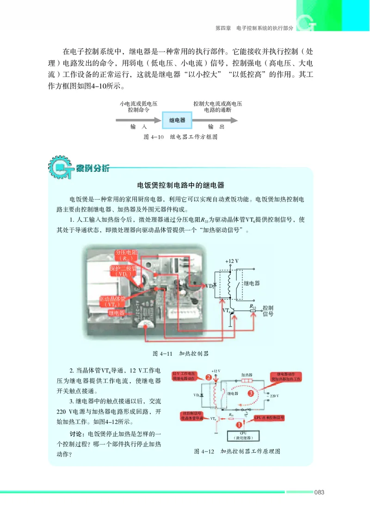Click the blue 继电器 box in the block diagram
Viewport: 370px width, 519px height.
click(177, 120)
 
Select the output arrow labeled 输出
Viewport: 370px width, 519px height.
click(216, 120)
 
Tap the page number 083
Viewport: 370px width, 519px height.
click(319, 492)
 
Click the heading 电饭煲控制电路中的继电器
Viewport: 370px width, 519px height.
click(181, 185)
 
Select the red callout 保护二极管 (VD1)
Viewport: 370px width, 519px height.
click(122, 271)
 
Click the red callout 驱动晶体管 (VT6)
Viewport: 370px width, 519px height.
click(113, 302)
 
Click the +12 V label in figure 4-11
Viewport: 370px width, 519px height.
click(232, 261)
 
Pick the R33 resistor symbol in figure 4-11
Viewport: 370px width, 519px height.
click(253, 311)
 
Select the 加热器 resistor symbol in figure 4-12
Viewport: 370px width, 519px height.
click(247, 382)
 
